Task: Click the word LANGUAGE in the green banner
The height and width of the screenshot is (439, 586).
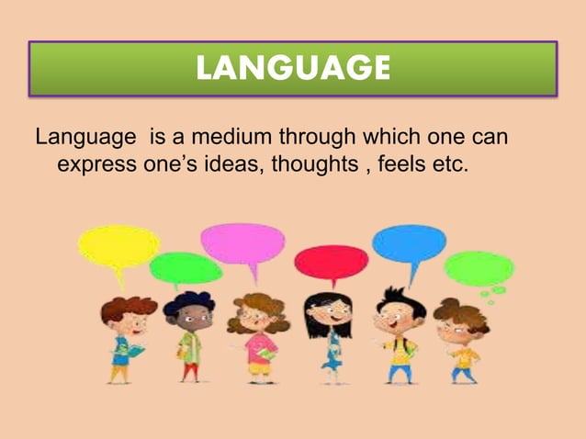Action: coord(293,68)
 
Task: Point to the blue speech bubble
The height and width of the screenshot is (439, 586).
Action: coord(409,243)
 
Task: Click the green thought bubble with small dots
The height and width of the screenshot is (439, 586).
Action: coord(478,269)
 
